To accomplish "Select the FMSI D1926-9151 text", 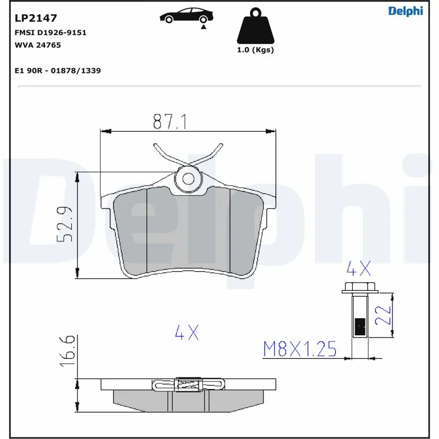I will point(50,32).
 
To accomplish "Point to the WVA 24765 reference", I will point(37,45).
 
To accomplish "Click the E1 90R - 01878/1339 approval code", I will point(57,71).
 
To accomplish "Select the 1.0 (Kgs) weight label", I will point(255,50).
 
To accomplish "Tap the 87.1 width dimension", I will point(170,122).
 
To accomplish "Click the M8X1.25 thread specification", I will point(300,348).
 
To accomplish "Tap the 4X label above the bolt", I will point(359,268).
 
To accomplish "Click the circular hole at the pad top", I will point(189,178).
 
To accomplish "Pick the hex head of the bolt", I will point(359,286).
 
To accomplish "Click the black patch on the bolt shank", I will point(361,327).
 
